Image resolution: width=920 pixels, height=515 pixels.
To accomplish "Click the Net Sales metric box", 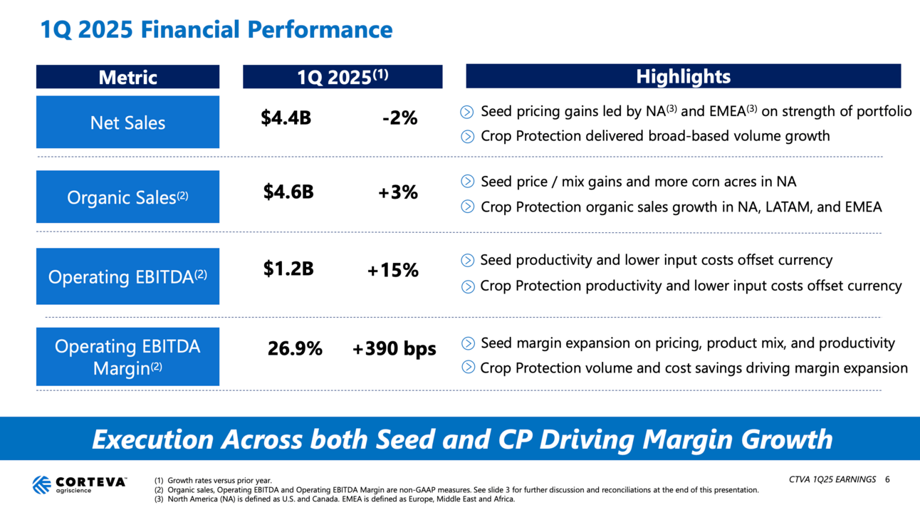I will tap(127, 123).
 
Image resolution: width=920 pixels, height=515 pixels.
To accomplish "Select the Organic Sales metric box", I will tap(127, 197).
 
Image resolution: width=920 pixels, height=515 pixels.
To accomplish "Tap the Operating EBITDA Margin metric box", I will tap(127, 356).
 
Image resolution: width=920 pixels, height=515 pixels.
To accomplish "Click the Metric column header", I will tap(127, 77).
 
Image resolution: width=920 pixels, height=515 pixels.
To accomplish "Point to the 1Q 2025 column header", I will tap(342, 77).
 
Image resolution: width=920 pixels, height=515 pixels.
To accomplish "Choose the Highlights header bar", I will tap(683, 76).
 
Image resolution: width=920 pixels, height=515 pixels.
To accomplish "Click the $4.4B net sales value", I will tap(286, 118).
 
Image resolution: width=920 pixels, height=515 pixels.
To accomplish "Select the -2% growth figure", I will tap(399, 118).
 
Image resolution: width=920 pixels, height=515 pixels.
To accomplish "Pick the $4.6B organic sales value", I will tap(288, 192).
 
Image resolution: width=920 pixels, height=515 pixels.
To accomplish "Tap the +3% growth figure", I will tap(397, 192).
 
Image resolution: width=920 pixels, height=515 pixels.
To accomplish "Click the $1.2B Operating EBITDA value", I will tap(288, 269).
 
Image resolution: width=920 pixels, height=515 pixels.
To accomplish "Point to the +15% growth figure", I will tap(392, 270).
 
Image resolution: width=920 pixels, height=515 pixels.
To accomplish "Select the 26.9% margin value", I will tap(295, 349).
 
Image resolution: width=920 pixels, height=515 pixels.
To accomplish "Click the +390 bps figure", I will tap(394, 349).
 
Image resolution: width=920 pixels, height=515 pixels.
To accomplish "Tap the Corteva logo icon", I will tap(41, 484).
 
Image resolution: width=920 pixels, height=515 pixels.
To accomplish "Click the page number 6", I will tap(887, 479).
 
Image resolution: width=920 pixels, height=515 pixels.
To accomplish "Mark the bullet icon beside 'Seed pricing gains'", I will tap(467, 112).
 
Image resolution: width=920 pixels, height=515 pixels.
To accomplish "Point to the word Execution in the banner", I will tap(152, 439).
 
